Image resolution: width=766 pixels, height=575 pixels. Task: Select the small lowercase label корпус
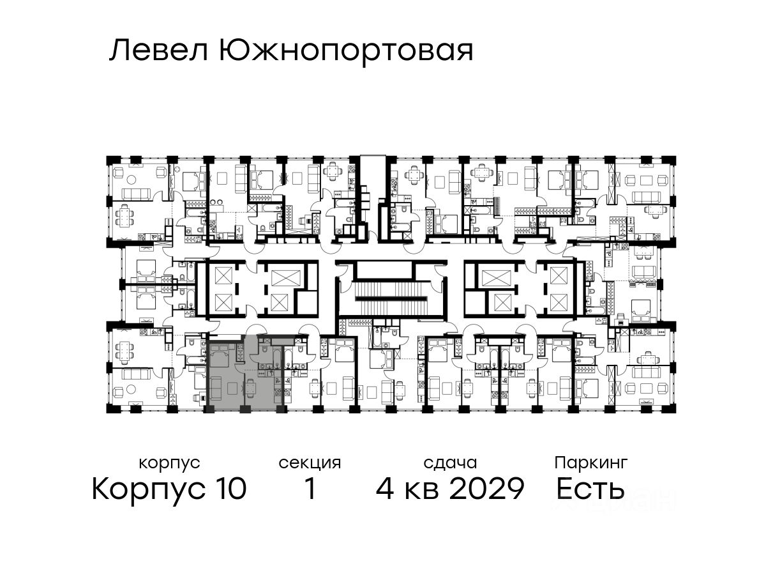[169, 463]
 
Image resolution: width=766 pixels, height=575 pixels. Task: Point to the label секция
[310, 463]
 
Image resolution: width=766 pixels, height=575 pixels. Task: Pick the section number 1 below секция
[310, 490]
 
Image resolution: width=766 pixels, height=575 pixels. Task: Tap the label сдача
[450, 463]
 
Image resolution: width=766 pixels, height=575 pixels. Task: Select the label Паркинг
[590, 463]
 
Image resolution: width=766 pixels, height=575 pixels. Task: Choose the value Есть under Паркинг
[590, 490]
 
